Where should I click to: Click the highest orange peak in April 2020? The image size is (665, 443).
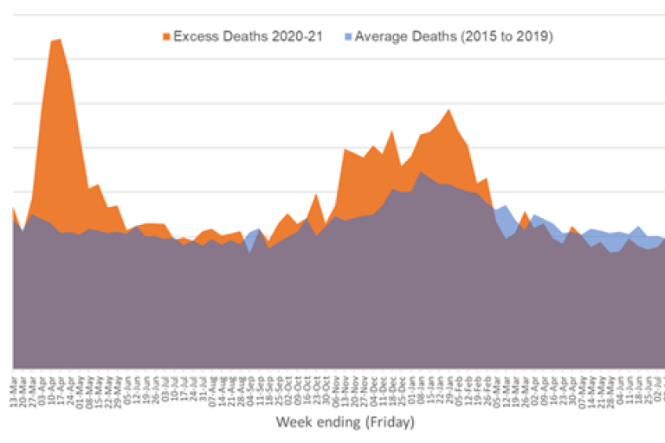tap(58, 40)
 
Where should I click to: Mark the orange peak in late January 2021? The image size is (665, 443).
tap(448, 110)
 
